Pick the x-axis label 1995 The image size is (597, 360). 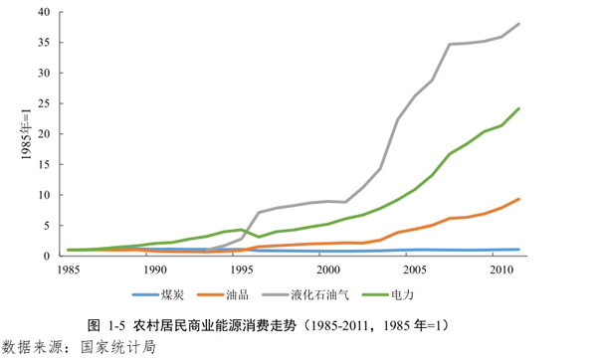(241, 270)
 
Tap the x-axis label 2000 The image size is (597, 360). (326, 270)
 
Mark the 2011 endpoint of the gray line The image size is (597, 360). (518, 24)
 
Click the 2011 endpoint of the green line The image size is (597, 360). (518, 108)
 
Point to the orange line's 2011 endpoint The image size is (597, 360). (518, 199)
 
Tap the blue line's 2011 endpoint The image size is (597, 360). (518, 250)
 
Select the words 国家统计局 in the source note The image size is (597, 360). (118, 347)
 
